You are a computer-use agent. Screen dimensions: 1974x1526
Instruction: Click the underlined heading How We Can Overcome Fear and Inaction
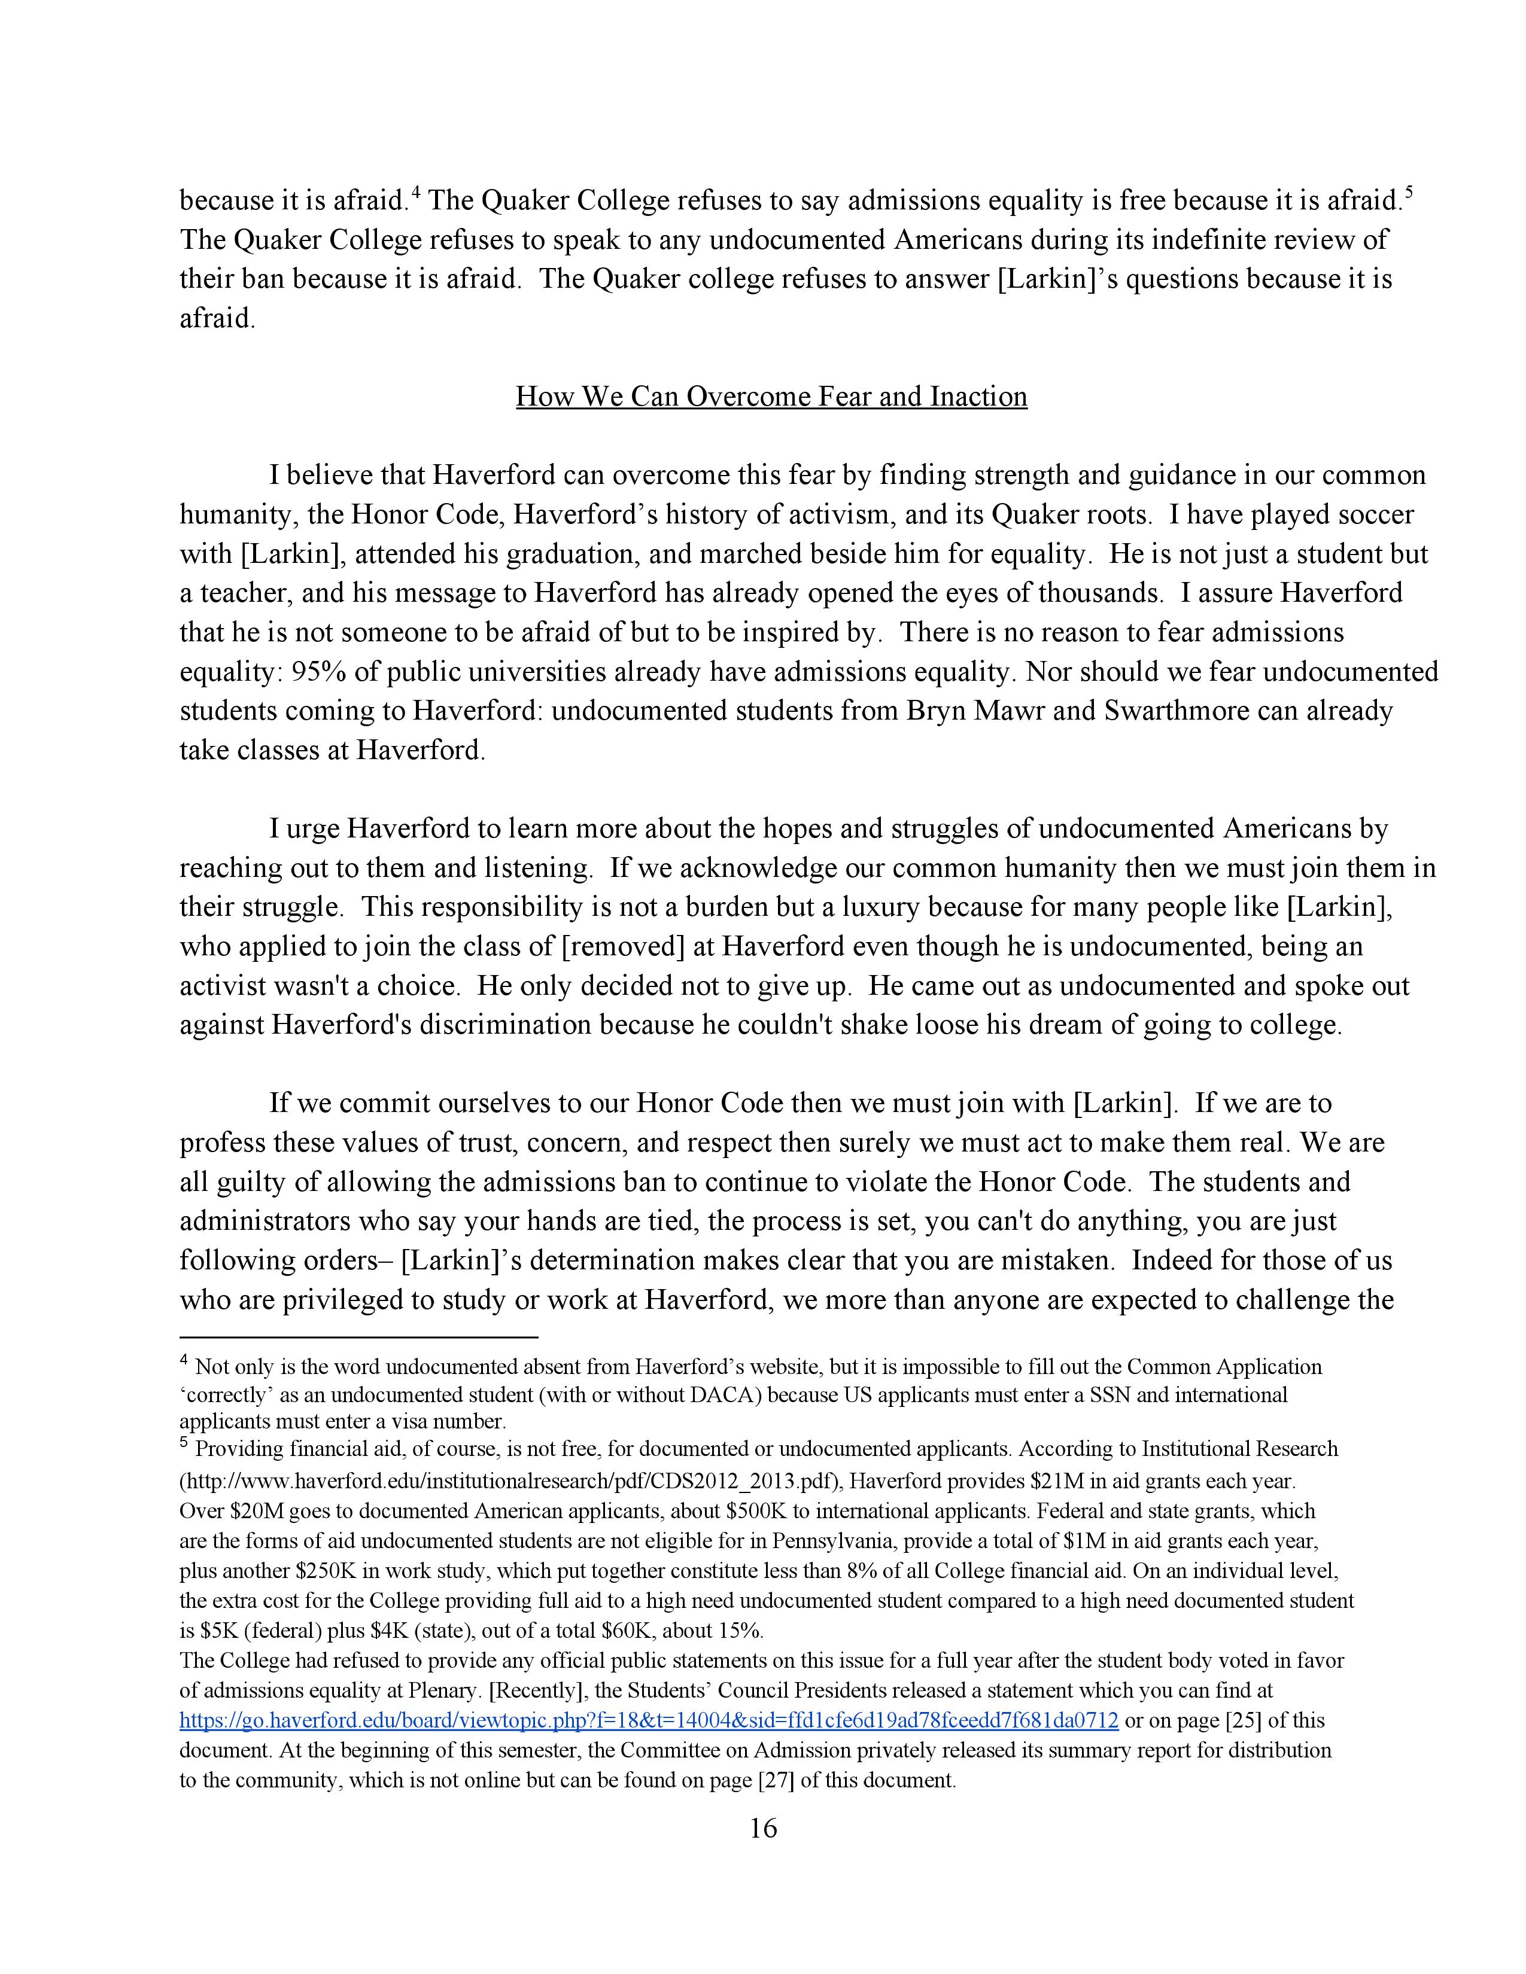tap(771, 397)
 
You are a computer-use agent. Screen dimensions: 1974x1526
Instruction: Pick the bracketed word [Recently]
tap(566, 1690)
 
